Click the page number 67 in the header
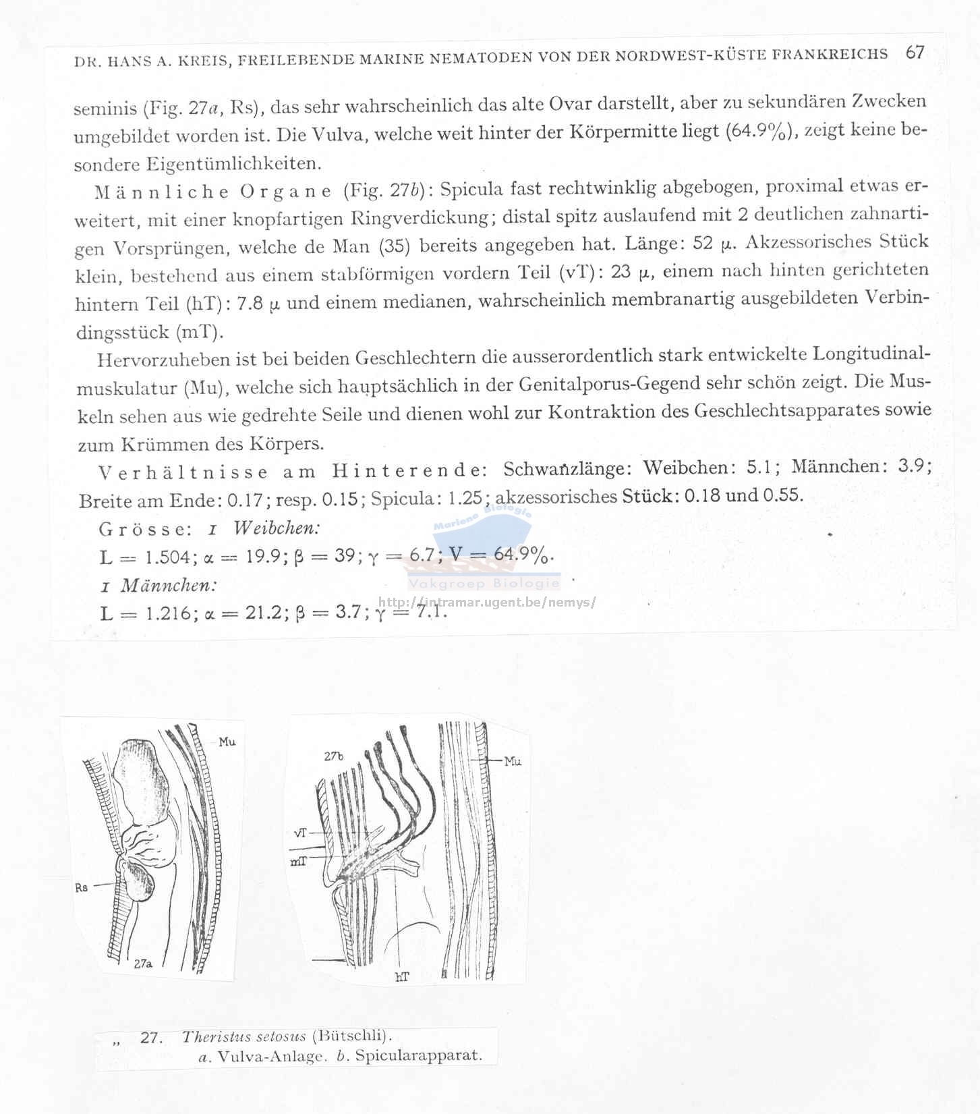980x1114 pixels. [915, 53]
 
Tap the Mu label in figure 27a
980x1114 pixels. [227, 742]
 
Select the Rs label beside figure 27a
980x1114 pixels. [82, 887]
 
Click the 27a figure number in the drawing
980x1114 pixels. [143, 964]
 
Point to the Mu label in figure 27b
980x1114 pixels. [513, 761]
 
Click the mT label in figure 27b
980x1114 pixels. [299, 861]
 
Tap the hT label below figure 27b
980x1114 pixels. [401, 976]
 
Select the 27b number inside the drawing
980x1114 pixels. [333, 756]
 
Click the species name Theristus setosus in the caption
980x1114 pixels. [243, 1036]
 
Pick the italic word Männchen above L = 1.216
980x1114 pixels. [169, 585]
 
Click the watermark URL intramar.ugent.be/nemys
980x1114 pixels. [487, 601]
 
